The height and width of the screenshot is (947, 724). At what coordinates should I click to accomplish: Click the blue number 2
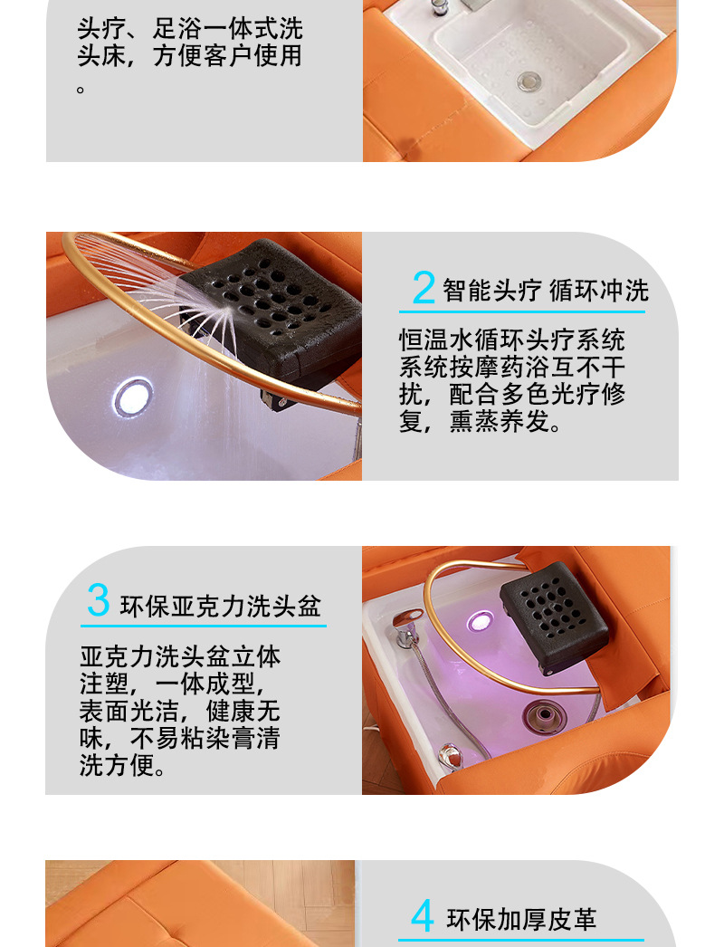coord(424,287)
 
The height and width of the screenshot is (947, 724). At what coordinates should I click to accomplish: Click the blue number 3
coord(99,599)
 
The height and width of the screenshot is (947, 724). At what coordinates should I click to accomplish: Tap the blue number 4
coord(422,915)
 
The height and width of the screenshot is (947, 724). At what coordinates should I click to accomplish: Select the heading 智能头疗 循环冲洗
coord(546,291)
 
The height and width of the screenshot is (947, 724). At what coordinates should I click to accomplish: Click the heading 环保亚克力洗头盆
coord(221,606)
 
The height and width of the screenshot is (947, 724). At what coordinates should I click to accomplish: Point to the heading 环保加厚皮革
coord(521,920)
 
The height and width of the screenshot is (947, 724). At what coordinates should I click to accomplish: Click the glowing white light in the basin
coord(133,397)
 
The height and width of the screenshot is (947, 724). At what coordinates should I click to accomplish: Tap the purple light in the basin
coord(480,621)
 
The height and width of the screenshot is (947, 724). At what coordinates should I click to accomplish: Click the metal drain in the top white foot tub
coord(529,81)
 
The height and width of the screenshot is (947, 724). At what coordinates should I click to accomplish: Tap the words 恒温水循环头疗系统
coord(511,340)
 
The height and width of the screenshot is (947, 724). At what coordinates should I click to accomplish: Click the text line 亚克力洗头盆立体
coord(180,656)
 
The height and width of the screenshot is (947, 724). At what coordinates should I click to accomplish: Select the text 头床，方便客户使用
coord(189,55)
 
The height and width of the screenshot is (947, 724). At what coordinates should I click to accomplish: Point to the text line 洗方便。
coord(122,765)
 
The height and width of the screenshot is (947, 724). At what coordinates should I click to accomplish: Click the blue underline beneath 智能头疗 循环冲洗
coord(521,311)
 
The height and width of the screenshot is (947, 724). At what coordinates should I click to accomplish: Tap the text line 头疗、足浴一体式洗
coord(190,28)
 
